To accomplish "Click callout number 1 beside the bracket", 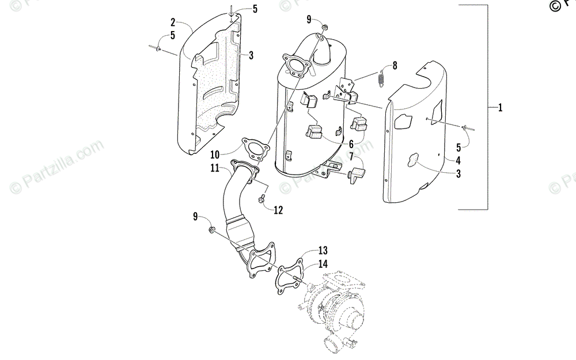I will pos(500,108).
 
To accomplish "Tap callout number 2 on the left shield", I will pos(173,22).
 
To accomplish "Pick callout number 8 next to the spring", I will pos(394,66).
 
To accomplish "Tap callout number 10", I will pos(215,154).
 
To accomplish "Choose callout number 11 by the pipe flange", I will pos(214,168).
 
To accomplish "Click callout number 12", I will pos(278,210).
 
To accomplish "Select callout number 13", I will pos(323,251).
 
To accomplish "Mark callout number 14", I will pos(323,263).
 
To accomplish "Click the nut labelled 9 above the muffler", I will pos(325,26).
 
